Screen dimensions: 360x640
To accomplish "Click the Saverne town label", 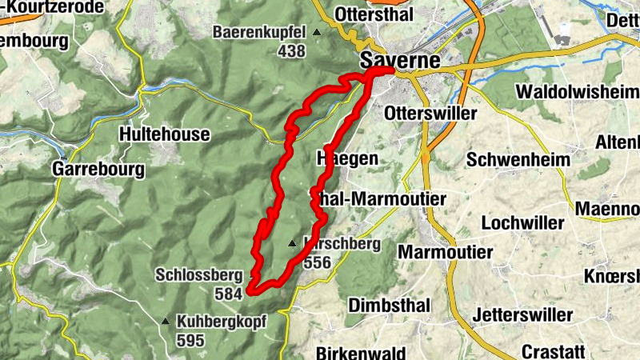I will [x=400, y=60].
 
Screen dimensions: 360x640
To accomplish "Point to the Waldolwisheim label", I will [x=578, y=92].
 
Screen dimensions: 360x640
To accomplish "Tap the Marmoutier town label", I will [x=445, y=252].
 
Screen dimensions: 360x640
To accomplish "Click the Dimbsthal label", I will [x=390, y=306].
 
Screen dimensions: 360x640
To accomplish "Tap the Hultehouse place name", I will [x=165, y=134].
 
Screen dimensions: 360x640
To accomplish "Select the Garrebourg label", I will [x=98, y=169].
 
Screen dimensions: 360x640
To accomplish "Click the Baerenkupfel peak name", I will [x=259, y=33].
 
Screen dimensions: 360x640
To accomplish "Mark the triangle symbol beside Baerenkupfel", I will [x=317, y=33].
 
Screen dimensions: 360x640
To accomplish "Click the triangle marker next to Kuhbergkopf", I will [x=166, y=322].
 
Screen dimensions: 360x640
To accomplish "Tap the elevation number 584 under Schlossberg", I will [x=228, y=294].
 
